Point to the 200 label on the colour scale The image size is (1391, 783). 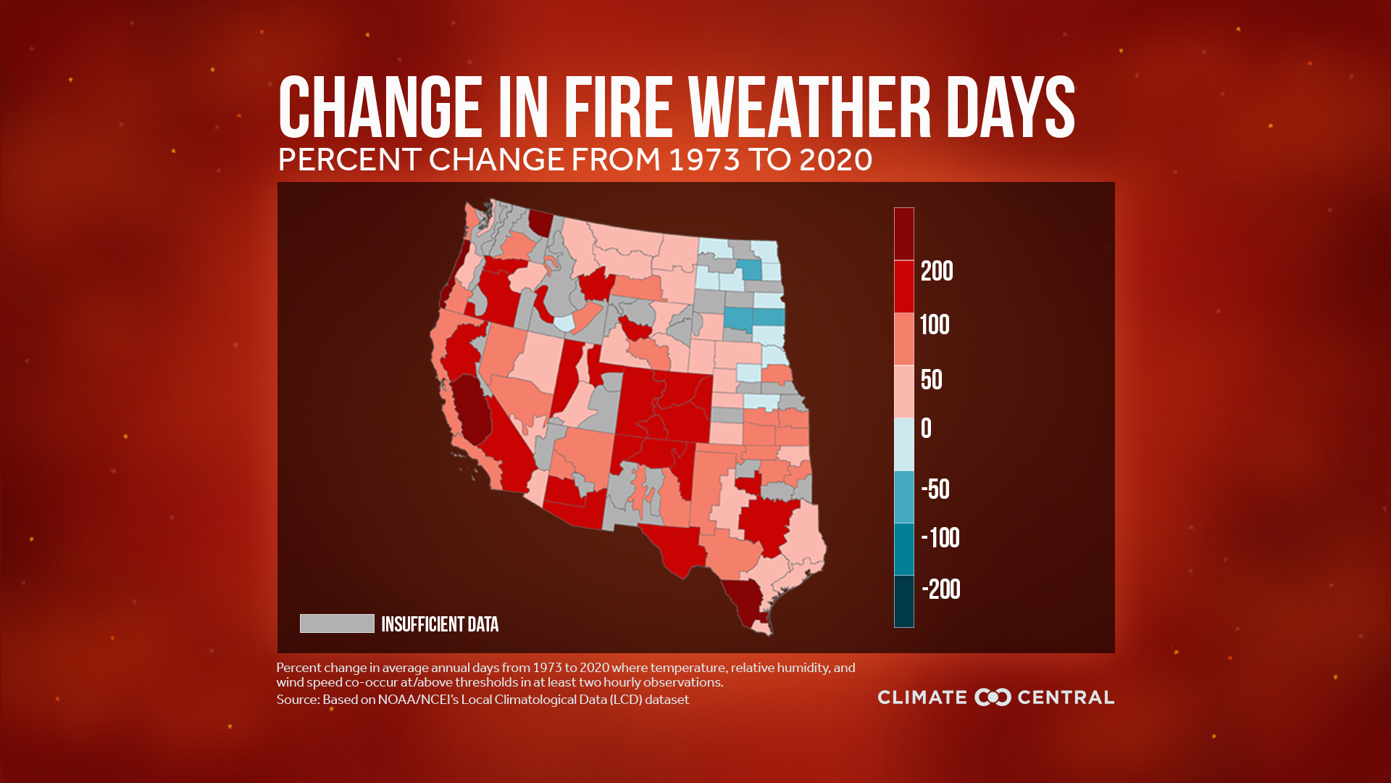936,271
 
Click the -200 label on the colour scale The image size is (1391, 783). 940,589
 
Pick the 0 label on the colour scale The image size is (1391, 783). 926,428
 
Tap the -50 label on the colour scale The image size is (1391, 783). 935,489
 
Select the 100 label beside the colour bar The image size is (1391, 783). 934,325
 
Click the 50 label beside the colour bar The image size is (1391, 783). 931,380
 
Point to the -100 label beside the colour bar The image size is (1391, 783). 940,538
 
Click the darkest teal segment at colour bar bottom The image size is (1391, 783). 903,601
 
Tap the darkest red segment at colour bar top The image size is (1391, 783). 903,233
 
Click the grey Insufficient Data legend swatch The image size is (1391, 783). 337,623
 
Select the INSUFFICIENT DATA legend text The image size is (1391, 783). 440,624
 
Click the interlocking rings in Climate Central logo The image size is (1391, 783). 992,697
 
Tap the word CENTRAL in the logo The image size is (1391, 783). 1065,697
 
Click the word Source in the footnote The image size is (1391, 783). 297,700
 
